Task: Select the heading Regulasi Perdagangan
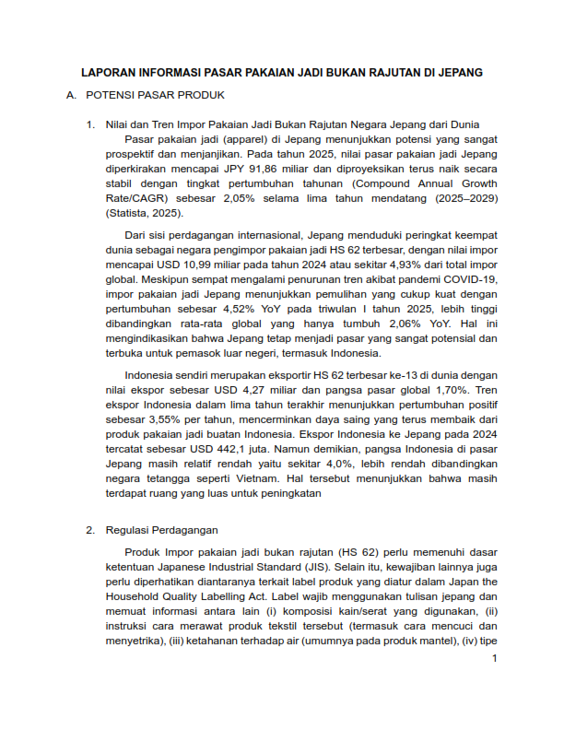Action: pos(161,530)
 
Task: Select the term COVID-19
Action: pos(472,279)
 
